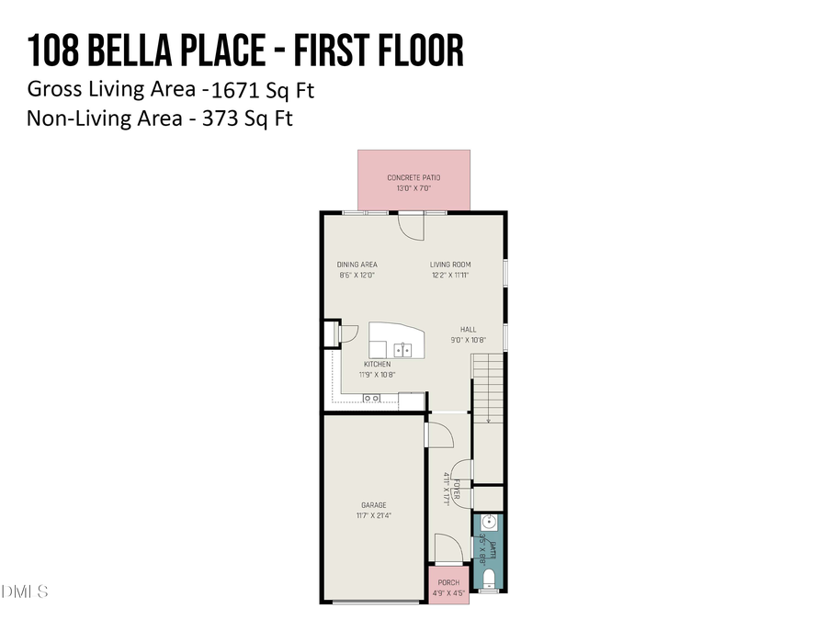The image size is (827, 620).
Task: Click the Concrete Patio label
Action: pyautogui.click(x=413, y=177)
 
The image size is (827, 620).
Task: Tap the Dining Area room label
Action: pyautogui.click(x=357, y=265)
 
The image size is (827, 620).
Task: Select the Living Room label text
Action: pyautogui.click(x=450, y=265)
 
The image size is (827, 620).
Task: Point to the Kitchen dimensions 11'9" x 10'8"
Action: pyautogui.click(x=377, y=374)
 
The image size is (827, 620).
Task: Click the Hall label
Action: pyautogui.click(x=469, y=329)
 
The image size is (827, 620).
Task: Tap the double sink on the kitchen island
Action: pyautogui.click(x=402, y=349)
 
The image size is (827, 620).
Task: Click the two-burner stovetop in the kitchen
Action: pyautogui.click(x=372, y=398)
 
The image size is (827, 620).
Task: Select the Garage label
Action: pyautogui.click(x=373, y=504)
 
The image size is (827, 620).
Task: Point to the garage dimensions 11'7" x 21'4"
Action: pyautogui.click(x=373, y=515)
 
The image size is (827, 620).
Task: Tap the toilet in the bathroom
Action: pyautogui.click(x=489, y=578)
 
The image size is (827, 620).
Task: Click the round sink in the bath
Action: pyautogui.click(x=489, y=523)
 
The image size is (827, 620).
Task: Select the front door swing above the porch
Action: pyautogui.click(x=448, y=554)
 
